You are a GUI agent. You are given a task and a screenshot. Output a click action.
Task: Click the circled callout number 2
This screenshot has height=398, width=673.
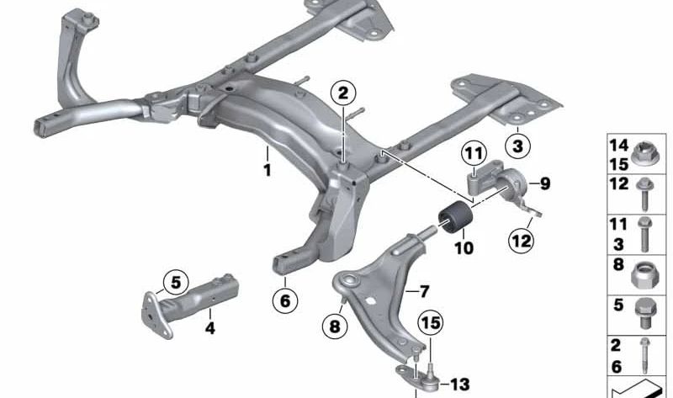[x=342, y=94]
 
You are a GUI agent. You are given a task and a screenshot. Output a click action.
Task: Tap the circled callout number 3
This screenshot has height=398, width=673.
[x=517, y=146]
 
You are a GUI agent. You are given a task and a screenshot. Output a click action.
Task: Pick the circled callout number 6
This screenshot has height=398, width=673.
[x=285, y=299]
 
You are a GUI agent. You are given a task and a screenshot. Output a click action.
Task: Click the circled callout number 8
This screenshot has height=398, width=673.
[x=336, y=326]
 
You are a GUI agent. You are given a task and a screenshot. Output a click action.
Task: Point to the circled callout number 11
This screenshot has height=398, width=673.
[x=474, y=155]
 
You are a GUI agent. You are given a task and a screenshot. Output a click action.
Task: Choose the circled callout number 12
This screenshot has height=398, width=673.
[x=522, y=242]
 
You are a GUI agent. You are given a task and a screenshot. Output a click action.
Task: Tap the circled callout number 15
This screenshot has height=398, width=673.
[x=430, y=322]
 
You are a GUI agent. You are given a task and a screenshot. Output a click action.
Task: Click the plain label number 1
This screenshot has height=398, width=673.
[x=268, y=171]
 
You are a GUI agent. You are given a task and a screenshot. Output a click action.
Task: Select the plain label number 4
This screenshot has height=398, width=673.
[x=210, y=328]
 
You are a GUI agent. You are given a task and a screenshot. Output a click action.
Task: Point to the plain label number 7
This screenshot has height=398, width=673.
[x=424, y=291]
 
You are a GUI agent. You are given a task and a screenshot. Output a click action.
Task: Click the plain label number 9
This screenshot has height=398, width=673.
[x=544, y=183]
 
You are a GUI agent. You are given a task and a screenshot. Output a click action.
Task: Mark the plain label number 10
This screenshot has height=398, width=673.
[x=463, y=248]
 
